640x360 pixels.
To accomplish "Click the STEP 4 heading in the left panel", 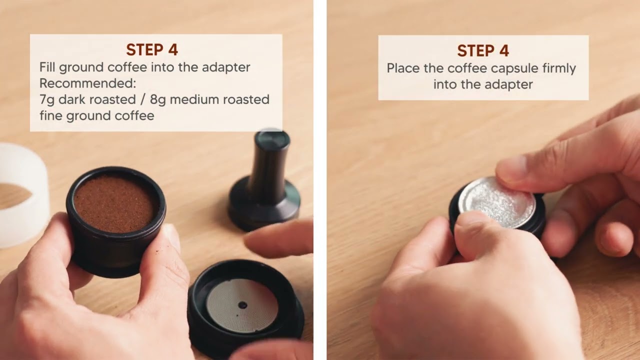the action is pyautogui.click(x=152, y=49).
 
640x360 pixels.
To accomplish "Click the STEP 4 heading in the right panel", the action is pyautogui.click(x=483, y=51).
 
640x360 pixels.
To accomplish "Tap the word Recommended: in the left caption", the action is pyautogui.click(x=87, y=83).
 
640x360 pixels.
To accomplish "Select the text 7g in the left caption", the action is pyautogui.click(x=46, y=99).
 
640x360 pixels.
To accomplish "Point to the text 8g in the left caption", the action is pyautogui.click(x=157, y=99).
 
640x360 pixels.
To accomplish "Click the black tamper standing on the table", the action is pyautogui.click(x=265, y=183).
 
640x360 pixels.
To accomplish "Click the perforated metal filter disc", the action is pyautogui.click(x=242, y=305).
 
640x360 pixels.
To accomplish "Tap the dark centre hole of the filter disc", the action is pyautogui.click(x=242, y=305).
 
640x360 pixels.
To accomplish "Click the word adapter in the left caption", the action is pyautogui.click(x=226, y=67).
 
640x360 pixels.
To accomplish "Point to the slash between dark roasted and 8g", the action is pyautogui.click(x=142, y=99).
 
